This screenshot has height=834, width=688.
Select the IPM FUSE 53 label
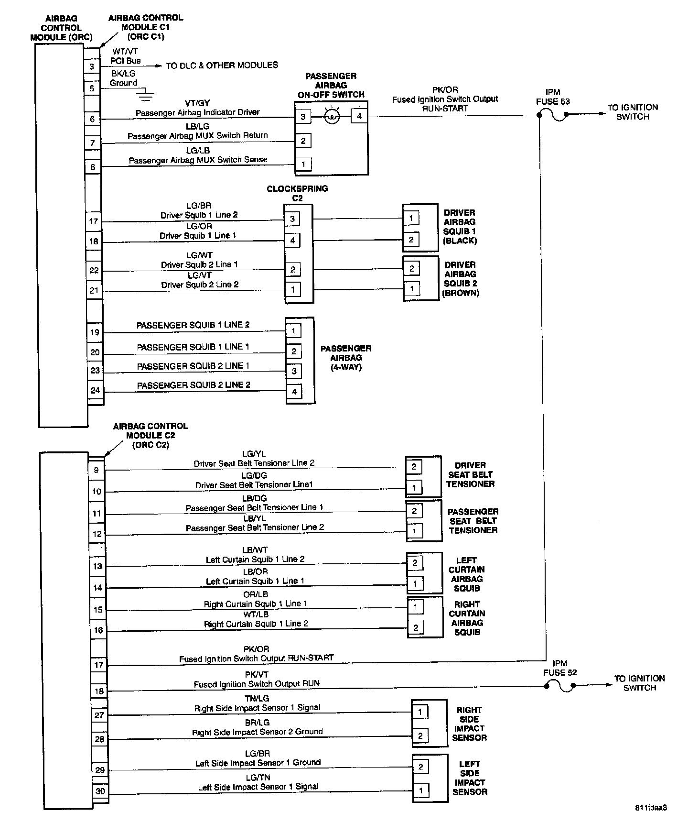coord(553,97)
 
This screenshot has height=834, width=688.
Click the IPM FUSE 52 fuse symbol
coord(559,686)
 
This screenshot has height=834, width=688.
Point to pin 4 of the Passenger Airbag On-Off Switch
coord(359,116)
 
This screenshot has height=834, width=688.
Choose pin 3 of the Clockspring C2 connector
coord(292,219)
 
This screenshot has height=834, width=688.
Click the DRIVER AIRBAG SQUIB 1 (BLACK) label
coord(460,227)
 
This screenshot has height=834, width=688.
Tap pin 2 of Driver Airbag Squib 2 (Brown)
coord(411,269)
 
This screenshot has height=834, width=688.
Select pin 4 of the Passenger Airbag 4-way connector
coord(294,392)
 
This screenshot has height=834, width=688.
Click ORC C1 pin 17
coord(94,221)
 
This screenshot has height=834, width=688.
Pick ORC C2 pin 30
coord(100,791)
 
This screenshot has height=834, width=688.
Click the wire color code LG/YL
coord(254,454)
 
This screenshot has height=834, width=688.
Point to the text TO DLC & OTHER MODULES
coord(222,65)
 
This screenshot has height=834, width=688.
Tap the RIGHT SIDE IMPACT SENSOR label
coord(469,724)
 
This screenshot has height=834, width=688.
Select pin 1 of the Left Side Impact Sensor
coord(421,790)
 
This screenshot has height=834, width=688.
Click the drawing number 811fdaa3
coord(651,808)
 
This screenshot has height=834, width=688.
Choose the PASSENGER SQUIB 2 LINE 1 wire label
coord(193,366)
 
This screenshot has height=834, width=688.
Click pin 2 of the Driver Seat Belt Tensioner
coord(414,467)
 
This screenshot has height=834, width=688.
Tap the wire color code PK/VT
coord(257,675)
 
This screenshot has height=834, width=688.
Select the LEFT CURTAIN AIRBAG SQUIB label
coord(466,574)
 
